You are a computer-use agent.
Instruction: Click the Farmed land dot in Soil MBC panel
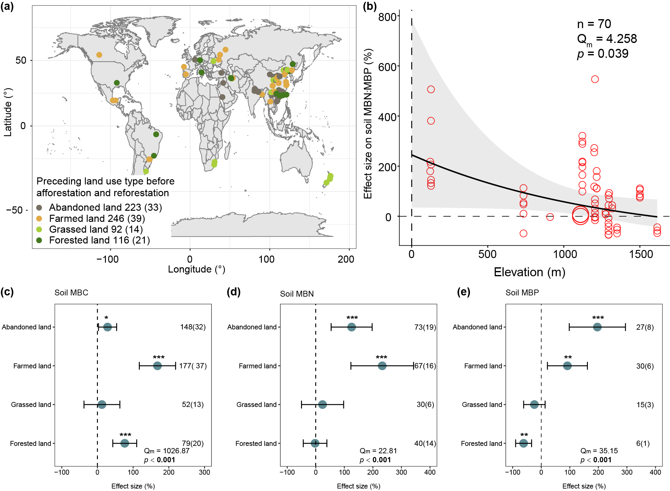[157, 366]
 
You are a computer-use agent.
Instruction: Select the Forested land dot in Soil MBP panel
[524, 443]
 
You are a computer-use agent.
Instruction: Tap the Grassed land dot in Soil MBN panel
[322, 404]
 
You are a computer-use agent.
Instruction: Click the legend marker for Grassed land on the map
[39, 229]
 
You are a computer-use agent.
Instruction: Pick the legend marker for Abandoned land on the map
[39, 207]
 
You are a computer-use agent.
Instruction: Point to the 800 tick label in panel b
[387, 17]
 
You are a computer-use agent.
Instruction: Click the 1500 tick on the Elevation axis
[641, 254]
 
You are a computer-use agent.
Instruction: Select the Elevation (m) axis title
[530, 272]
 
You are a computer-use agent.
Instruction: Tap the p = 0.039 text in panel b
[603, 54]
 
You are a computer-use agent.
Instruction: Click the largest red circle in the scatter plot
[580, 215]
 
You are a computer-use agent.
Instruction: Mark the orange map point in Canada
[99, 55]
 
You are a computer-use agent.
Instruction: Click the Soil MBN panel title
[297, 294]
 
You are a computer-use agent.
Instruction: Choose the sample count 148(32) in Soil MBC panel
[193, 327]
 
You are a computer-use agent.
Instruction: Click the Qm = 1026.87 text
[167, 451]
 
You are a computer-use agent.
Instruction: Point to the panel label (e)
[463, 292]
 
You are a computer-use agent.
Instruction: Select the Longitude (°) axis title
[196, 269]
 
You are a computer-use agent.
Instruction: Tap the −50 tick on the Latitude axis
[15, 210]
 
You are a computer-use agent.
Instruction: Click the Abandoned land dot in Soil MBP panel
[597, 327]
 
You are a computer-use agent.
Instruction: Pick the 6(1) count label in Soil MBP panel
[643, 443]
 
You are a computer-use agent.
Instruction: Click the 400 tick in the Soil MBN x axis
[430, 472]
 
